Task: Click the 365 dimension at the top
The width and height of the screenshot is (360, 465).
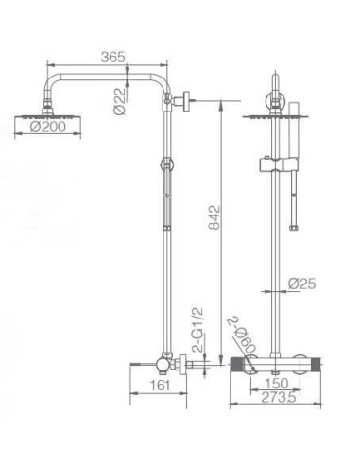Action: tap(112, 56)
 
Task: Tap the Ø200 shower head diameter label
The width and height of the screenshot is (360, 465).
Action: tap(37, 129)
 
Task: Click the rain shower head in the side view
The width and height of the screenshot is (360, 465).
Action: tap(38, 115)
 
